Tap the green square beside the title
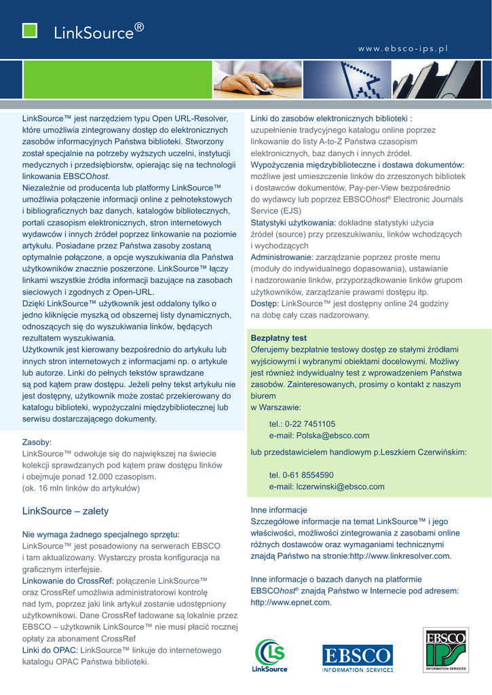coord(30,31)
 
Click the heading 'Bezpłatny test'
coord(279,338)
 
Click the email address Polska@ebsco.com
coord(319,436)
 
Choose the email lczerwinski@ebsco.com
coord(327,487)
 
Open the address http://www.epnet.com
coord(291,602)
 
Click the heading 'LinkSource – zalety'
coord(65,510)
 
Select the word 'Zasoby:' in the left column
coord(37,442)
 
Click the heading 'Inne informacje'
coord(279,510)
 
